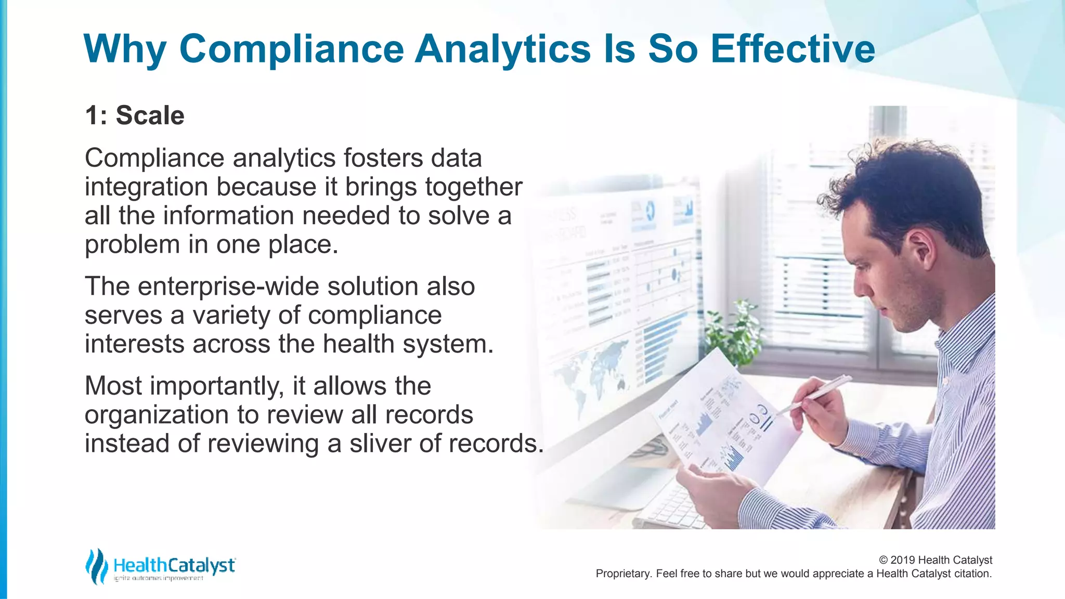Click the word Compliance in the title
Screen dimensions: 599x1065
point(291,49)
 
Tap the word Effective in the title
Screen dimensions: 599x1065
point(793,49)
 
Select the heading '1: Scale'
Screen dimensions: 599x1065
point(134,115)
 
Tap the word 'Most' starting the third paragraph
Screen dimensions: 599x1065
point(113,386)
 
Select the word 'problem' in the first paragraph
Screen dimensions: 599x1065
point(132,244)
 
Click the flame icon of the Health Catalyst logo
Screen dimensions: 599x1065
point(96,566)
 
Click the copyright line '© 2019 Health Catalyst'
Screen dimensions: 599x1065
point(935,560)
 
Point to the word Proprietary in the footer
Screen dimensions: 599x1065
point(622,574)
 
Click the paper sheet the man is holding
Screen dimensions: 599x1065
point(728,416)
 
